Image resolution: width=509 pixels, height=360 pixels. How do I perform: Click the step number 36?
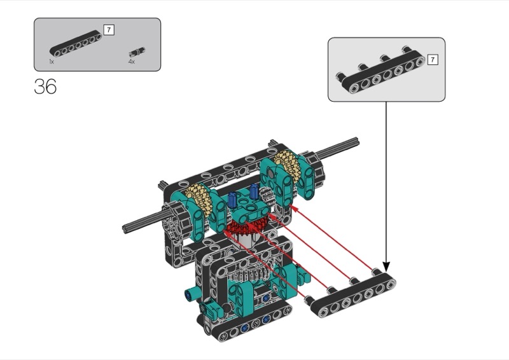[45, 87]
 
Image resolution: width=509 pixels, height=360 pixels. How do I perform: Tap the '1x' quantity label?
[52, 61]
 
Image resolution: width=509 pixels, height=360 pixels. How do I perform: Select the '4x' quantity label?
[131, 61]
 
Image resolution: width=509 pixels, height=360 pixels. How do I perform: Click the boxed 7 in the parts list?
[109, 30]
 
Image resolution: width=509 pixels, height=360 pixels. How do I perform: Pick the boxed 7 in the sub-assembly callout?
[433, 60]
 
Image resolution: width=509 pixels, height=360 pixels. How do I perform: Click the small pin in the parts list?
[137, 52]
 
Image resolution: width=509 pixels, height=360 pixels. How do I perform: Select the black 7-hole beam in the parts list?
[76, 43]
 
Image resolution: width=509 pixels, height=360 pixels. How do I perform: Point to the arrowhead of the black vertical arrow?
[386, 267]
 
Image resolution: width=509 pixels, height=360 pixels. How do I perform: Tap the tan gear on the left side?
[198, 203]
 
